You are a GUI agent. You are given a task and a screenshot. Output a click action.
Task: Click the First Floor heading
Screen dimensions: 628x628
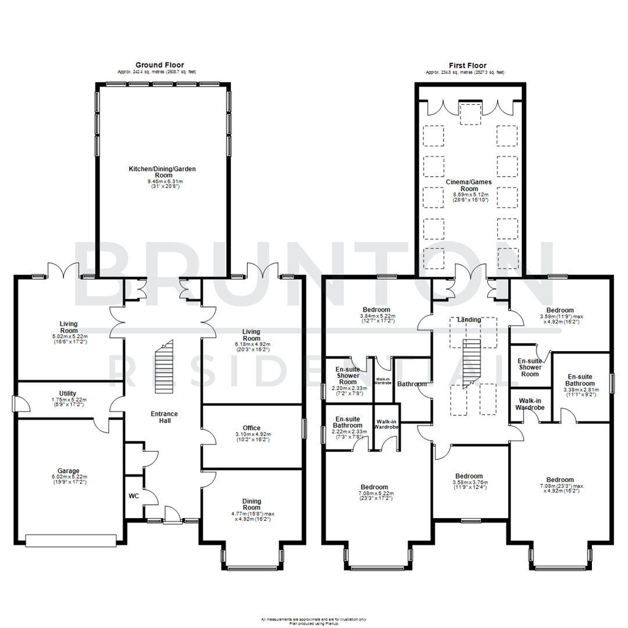point(468,66)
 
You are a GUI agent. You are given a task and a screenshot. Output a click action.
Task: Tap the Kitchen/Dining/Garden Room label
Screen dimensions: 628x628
point(162,172)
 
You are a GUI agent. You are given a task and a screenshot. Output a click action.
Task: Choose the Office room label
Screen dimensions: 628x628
point(251,428)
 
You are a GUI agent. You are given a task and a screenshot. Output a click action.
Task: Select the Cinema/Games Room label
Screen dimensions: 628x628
point(469,185)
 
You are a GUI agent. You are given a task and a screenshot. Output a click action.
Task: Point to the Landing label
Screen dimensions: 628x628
point(469,320)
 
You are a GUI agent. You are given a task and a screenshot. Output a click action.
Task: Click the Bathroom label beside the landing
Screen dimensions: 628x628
point(412,384)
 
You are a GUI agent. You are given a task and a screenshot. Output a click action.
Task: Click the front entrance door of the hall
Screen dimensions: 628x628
point(173,515)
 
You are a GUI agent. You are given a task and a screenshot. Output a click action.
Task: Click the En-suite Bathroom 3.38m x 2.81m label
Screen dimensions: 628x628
point(581,384)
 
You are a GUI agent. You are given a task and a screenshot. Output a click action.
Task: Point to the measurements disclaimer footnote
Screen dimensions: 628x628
point(314,620)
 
